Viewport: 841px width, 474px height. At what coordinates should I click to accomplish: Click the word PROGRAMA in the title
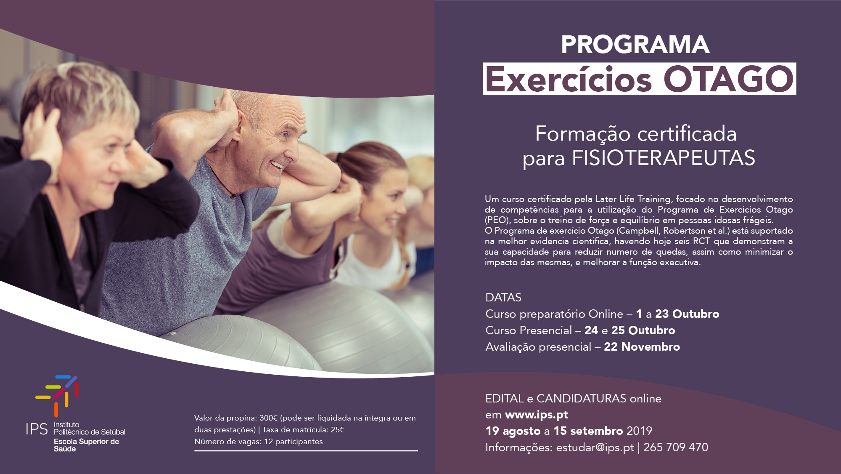(635, 45)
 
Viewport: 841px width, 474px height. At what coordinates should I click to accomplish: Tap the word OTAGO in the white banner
(728, 79)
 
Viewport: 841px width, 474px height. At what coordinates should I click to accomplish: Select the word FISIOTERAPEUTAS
(664, 158)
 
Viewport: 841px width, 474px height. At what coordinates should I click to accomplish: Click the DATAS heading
(503, 298)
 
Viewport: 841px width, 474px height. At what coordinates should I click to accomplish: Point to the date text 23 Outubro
(687, 314)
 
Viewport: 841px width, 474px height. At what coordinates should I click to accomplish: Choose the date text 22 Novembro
(642, 347)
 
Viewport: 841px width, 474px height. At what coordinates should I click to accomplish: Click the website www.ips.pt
(537, 415)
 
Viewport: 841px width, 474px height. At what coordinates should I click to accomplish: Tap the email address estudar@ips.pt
(595, 447)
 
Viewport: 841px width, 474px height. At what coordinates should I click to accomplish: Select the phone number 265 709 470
(676, 447)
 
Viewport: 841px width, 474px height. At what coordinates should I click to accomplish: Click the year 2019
(639, 431)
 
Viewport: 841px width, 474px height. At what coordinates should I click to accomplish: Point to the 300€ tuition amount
(269, 418)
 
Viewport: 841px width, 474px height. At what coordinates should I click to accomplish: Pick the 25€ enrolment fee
(338, 430)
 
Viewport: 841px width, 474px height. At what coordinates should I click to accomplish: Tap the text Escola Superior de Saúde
(87, 445)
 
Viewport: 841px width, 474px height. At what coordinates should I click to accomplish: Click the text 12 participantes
(294, 442)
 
